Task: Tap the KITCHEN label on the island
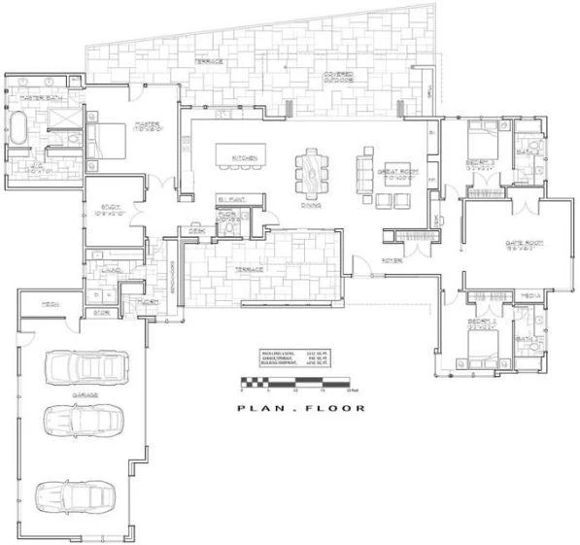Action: coord(243,157)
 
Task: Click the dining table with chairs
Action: coord(312,172)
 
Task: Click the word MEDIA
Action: coord(530,293)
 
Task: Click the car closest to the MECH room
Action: coord(85,366)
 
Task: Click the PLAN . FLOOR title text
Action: coord(301,408)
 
